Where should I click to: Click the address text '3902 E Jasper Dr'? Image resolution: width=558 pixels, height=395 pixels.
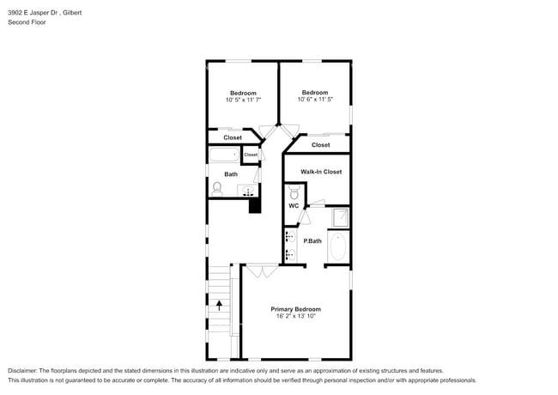[34, 13]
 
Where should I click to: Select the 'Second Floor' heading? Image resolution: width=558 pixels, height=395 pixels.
[27, 22]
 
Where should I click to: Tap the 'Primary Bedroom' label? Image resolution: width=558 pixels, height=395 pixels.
[295, 309]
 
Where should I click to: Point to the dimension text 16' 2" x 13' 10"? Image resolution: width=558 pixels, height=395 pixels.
[295, 317]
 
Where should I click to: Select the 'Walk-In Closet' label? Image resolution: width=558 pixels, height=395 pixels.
[320, 172]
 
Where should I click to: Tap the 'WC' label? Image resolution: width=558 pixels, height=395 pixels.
[294, 206]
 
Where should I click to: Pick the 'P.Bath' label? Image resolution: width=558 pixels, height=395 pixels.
[313, 240]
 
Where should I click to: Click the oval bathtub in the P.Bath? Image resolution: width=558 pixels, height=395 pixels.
[339, 246]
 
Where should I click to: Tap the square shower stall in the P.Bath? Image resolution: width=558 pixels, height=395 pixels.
[340, 216]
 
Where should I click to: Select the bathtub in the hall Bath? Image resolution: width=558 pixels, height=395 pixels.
[224, 155]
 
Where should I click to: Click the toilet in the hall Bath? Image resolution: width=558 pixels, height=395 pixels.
[217, 187]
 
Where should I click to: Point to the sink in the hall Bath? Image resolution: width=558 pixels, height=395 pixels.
[249, 191]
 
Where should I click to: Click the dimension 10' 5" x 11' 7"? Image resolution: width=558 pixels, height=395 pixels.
[244, 100]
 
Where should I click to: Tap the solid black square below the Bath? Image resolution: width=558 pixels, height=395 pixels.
[254, 205]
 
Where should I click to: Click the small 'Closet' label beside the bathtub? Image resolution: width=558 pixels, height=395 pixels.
[251, 155]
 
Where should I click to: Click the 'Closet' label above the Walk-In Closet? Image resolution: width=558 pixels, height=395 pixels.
[320, 145]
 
